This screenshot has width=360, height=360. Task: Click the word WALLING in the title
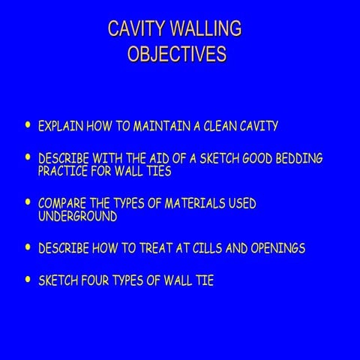(205, 29)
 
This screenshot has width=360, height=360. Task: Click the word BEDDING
(298, 160)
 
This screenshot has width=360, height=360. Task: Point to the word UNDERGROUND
(77, 217)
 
